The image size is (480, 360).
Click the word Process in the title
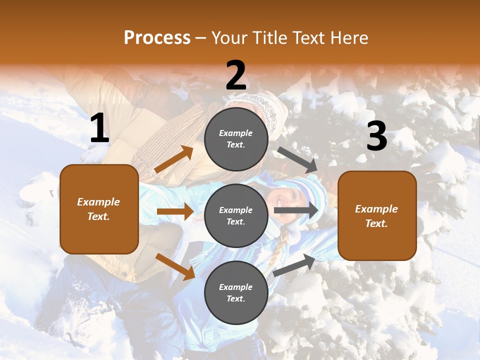157,38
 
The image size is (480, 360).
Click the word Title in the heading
270,38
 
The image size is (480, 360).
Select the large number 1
99,128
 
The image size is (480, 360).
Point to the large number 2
236,75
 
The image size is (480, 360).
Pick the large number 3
376,136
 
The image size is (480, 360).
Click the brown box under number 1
99,209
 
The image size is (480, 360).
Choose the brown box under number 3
377,215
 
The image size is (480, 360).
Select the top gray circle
236,139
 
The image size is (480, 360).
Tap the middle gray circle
236,215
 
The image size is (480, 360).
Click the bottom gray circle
236,292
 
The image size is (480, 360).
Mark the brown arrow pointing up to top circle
174,159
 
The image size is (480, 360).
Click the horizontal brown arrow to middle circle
175,211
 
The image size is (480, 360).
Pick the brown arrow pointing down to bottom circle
175,266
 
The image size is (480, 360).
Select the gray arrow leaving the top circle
297,159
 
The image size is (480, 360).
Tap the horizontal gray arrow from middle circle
296,210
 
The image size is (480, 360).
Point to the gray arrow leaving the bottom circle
294,265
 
